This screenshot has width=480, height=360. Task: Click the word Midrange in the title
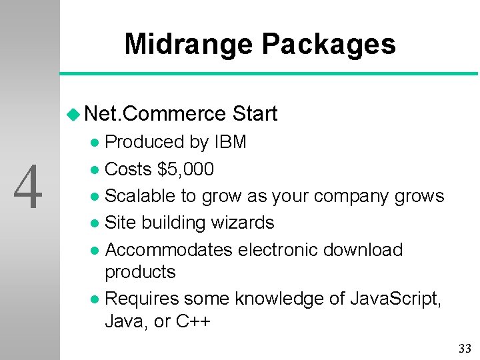(189, 45)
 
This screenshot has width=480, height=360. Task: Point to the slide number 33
(465, 348)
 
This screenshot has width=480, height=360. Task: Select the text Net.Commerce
(156, 114)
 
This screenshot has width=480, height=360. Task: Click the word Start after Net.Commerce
(255, 114)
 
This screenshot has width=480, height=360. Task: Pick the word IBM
(230, 142)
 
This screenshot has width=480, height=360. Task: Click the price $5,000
(186, 169)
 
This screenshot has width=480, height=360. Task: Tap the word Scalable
(142, 196)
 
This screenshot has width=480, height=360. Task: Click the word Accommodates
(169, 250)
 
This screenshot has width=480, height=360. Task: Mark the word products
(140, 272)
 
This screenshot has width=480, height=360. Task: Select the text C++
(193, 321)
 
